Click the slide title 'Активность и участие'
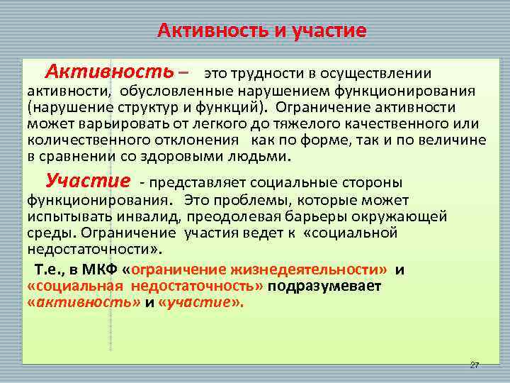pos(261,30)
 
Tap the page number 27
pos(474,365)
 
